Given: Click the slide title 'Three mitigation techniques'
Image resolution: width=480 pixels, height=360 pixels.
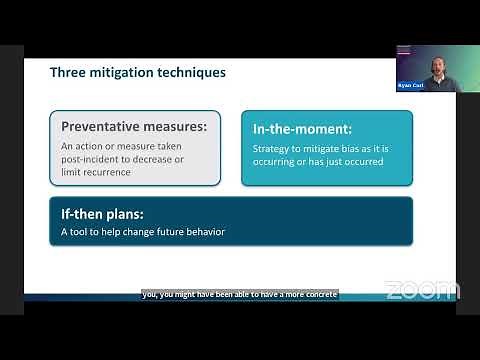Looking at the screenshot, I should tap(138, 73).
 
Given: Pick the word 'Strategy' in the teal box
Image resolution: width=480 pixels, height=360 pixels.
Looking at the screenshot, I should tap(272, 149).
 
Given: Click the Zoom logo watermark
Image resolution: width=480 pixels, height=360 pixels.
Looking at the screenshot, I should tap(421, 291).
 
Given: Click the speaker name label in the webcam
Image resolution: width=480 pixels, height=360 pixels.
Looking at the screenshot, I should tap(411, 87).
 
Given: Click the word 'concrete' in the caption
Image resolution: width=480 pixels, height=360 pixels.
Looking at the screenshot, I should tap(317, 294).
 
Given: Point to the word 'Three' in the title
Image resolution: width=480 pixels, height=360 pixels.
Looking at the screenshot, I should tap(68, 73).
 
